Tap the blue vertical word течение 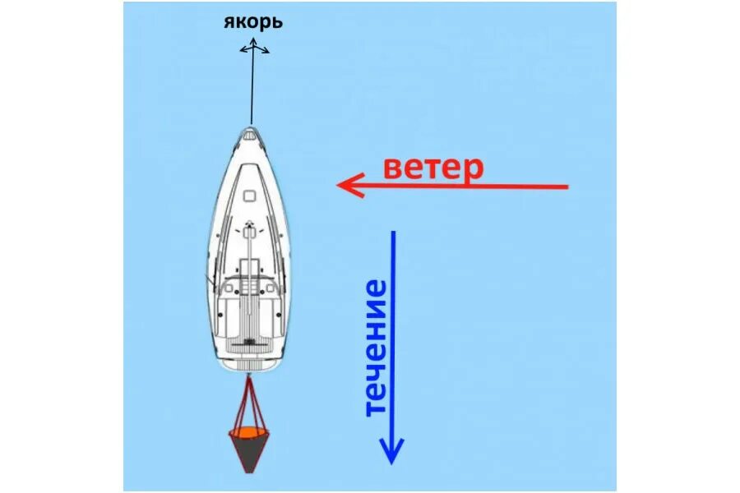coord(374,348)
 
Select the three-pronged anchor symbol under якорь coord(253,48)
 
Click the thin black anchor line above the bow coord(252,90)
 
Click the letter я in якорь coord(229,22)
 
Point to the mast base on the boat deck coord(247,233)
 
